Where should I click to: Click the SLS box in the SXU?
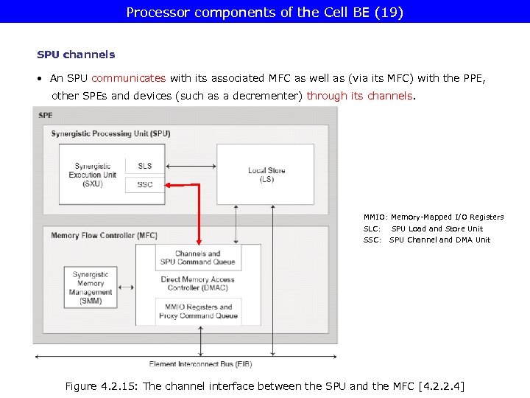pyautogui.click(x=145, y=166)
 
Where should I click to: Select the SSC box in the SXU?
pyautogui.click(x=145, y=184)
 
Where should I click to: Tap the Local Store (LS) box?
pyautogui.click(x=266, y=175)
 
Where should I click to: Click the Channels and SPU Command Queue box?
pyautogui.click(x=198, y=258)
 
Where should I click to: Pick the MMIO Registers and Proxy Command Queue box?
pyautogui.click(x=198, y=311)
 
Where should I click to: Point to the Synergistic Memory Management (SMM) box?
pyautogui.click(x=91, y=288)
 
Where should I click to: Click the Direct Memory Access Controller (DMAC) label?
pyautogui.click(x=197, y=284)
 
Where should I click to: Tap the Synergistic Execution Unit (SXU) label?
pyautogui.click(x=93, y=175)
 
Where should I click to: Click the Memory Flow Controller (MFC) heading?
pyautogui.click(x=104, y=236)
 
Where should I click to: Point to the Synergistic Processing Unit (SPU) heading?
pyautogui.click(x=110, y=133)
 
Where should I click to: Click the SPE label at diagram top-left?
pyautogui.click(x=46, y=116)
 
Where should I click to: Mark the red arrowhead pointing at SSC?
pyautogui.click(x=169, y=184)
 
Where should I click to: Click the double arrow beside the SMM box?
pyautogui.click(x=124, y=288)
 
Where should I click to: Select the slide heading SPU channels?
pyautogui.click(x=76, y=55)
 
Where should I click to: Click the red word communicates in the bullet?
pyautogui.click(x=129, y=78)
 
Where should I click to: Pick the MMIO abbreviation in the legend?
pyautogui.click(x=374, y=217)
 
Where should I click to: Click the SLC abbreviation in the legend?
pyautogui.click(x=372, y=228)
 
